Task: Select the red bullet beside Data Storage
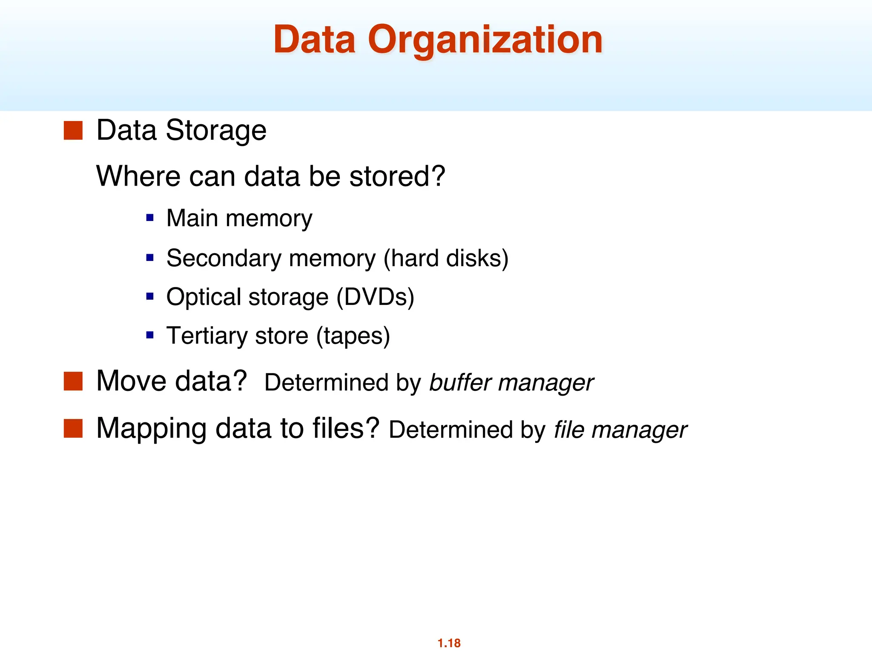pyautogui.click(x=73, y=130)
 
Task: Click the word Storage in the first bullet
pyautogui.click(x=216, y=130)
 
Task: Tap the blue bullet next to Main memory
pyautogui.click(x=150, y=218)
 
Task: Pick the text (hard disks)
pyautogui.click(x=446, y=258)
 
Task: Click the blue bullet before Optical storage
pyautogui.click(x=150, y=296)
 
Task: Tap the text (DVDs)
pyautogui.click(x=375, y=297)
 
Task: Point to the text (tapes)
pyautogui.click(x=353, y=336)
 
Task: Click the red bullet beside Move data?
pyautogui.click(x=73, y=381)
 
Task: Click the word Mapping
pyautogui.click(x=151, y=428)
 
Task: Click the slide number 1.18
pyautogui.click(x=449, y=643)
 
